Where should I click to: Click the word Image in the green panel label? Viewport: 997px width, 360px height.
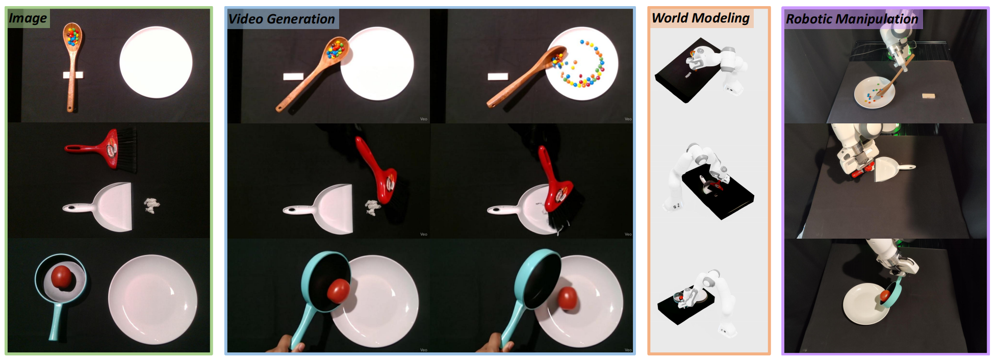point(28,18)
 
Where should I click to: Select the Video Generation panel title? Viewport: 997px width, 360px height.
point(282,19)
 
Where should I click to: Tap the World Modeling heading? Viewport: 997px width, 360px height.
point(701,18)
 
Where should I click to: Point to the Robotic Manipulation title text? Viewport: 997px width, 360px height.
point(852,19)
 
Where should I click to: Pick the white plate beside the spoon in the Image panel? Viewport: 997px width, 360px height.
point(156,62)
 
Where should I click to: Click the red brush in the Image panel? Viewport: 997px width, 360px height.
point(102,149)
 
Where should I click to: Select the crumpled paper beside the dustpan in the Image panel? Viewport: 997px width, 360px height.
point(151,205)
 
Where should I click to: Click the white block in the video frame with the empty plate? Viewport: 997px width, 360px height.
point(293,76)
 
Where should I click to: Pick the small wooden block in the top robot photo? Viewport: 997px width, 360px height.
point(929,95)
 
